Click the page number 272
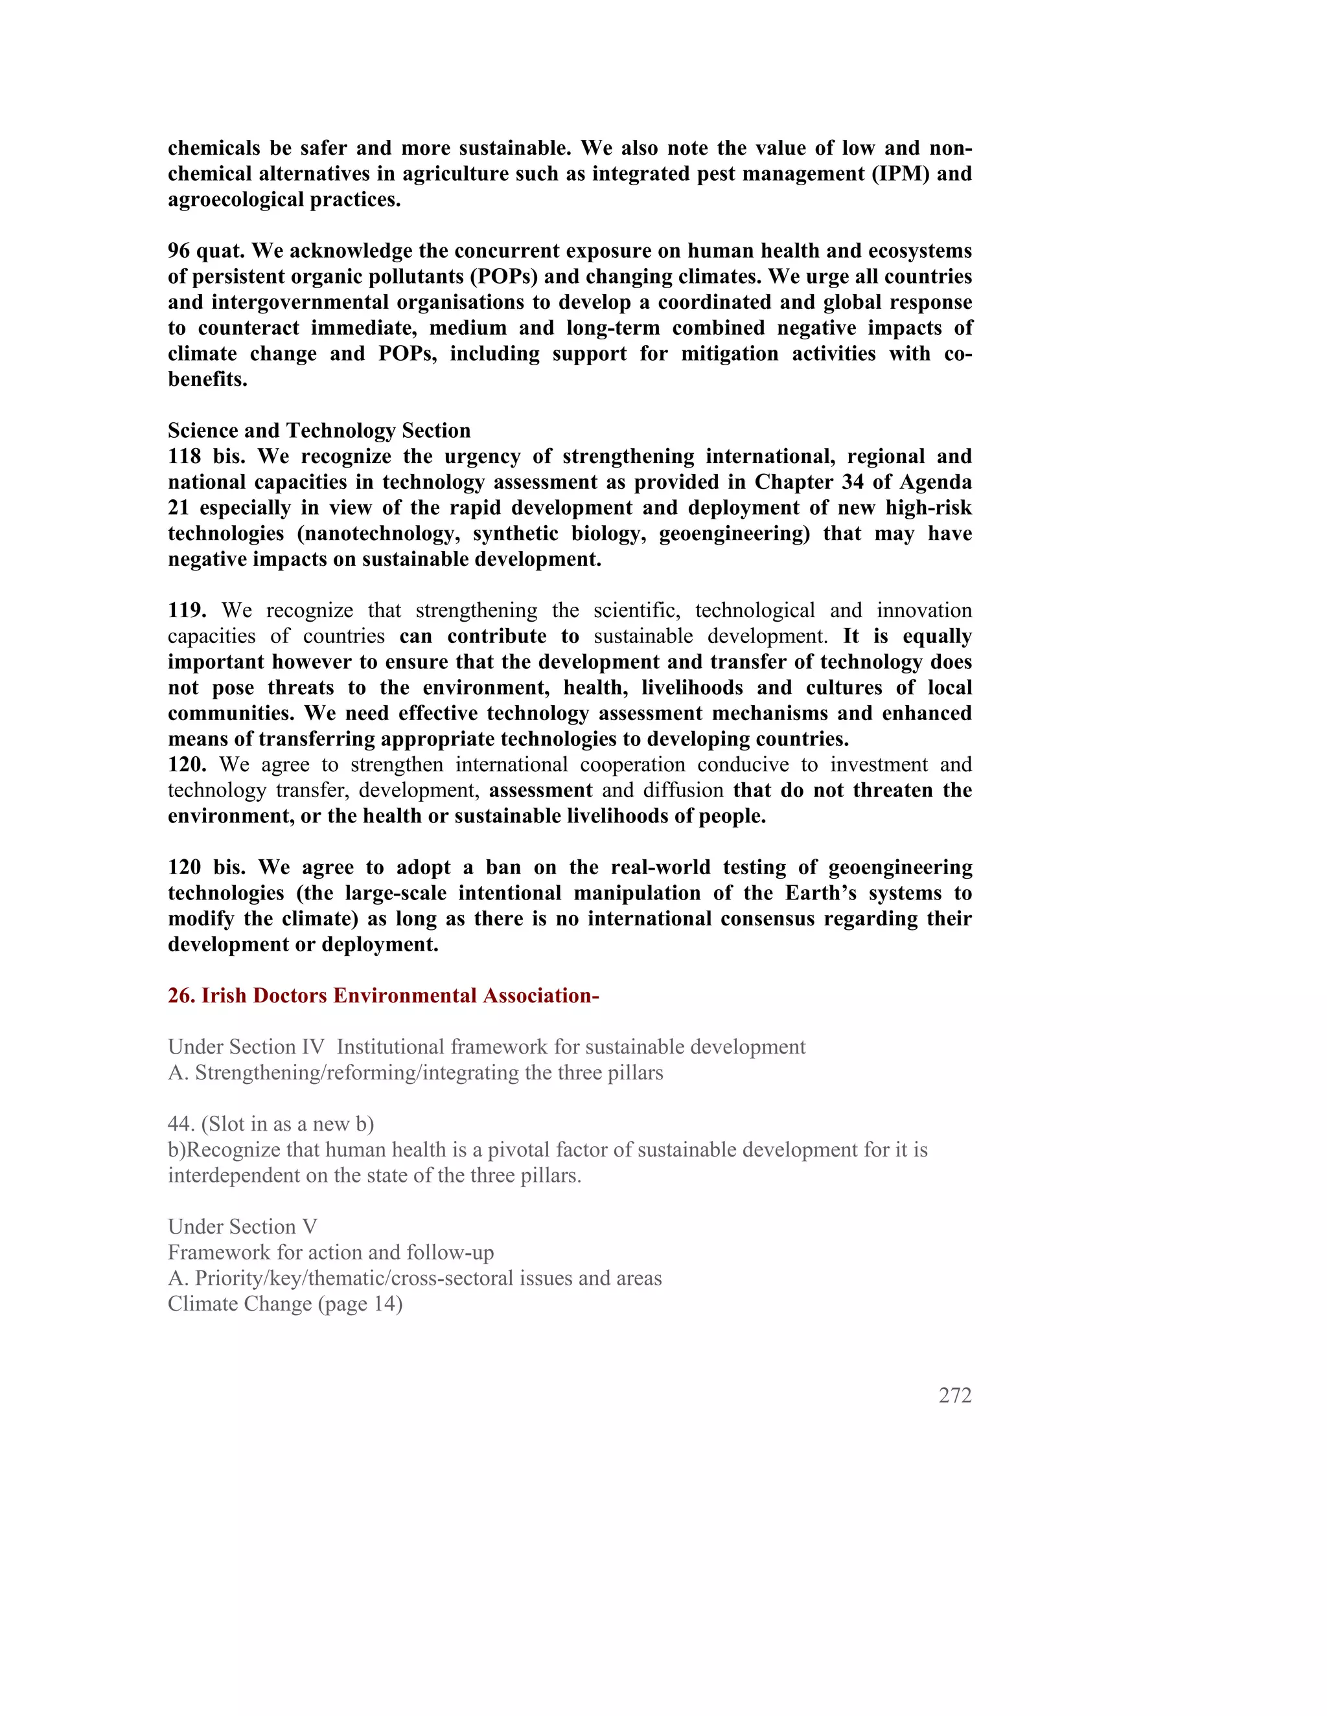[954, 1395]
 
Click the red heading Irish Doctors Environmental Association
[383, 995]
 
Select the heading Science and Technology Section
[319, 431]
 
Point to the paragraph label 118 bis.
[206, 457]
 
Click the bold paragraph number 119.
[187, 611]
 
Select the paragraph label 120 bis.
[206, 868]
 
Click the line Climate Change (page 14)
[284, 1304]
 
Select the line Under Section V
[242, 1227]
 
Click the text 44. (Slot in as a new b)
[270, 1124]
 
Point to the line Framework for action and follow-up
[331, 1252]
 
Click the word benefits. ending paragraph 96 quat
[207, 379]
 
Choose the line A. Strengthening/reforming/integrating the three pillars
[415, 1073]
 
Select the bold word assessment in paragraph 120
[541, 791]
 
